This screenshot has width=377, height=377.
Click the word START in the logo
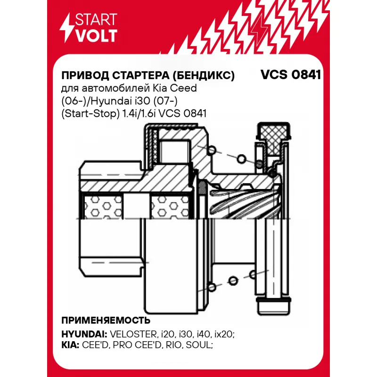coord(96,19)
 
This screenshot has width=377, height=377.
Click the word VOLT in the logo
coord(97,36)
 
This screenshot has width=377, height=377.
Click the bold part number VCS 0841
coord(291,75)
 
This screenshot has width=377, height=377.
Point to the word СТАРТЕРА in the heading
coord(141,76)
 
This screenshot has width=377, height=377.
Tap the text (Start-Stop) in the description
coord(90,114)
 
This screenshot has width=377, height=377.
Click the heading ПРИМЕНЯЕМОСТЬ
coord(106,320)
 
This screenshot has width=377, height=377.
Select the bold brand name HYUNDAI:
coord(84,334)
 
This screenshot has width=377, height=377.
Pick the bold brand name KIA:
coord(70,345)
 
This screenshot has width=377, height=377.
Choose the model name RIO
coord(174,345)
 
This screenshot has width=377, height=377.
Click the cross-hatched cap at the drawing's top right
coord(273,138)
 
